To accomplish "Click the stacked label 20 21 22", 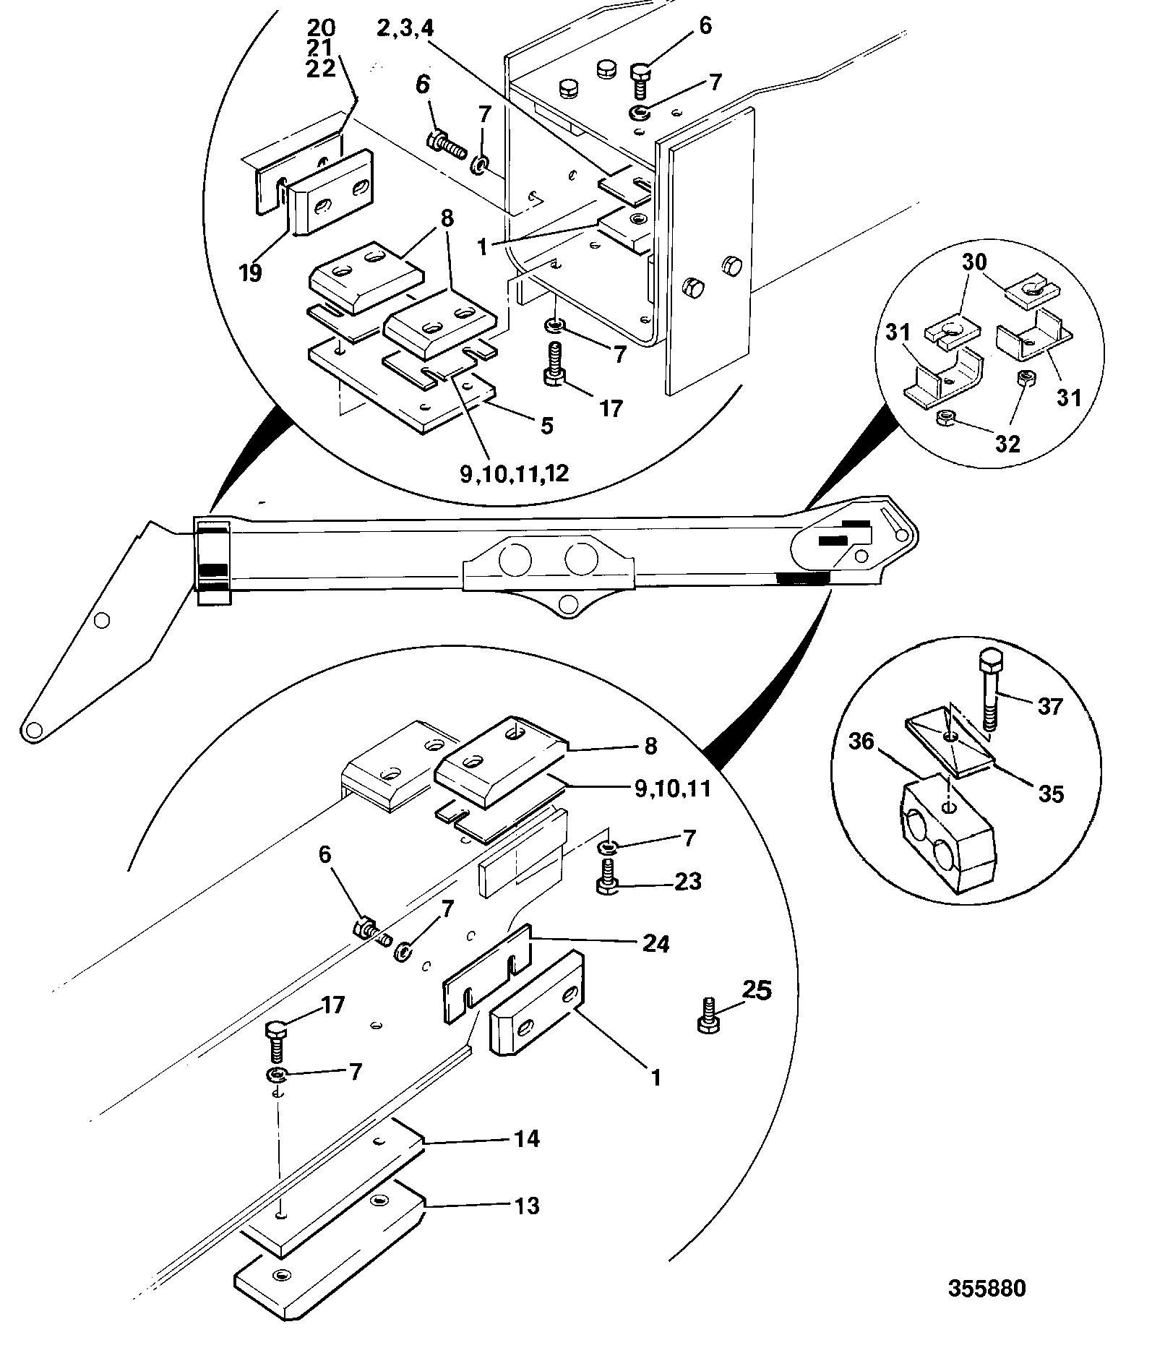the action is click(322, 48).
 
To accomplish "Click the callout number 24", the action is click(655, 943).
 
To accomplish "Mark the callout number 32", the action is click(1007, 443).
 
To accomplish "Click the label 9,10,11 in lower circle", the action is click(672, 787).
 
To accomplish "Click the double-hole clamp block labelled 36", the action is click(948, 838).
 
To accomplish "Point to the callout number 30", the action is click(973, 262).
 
